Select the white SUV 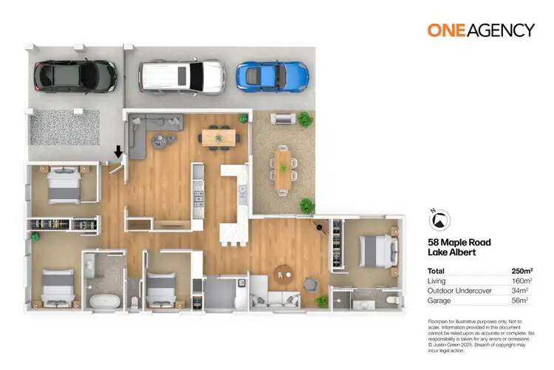182,75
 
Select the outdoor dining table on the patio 284,169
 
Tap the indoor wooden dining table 219,136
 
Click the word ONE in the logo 447,30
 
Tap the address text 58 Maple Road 459,242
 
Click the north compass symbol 439,218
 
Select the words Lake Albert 452,252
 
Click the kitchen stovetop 198,198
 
